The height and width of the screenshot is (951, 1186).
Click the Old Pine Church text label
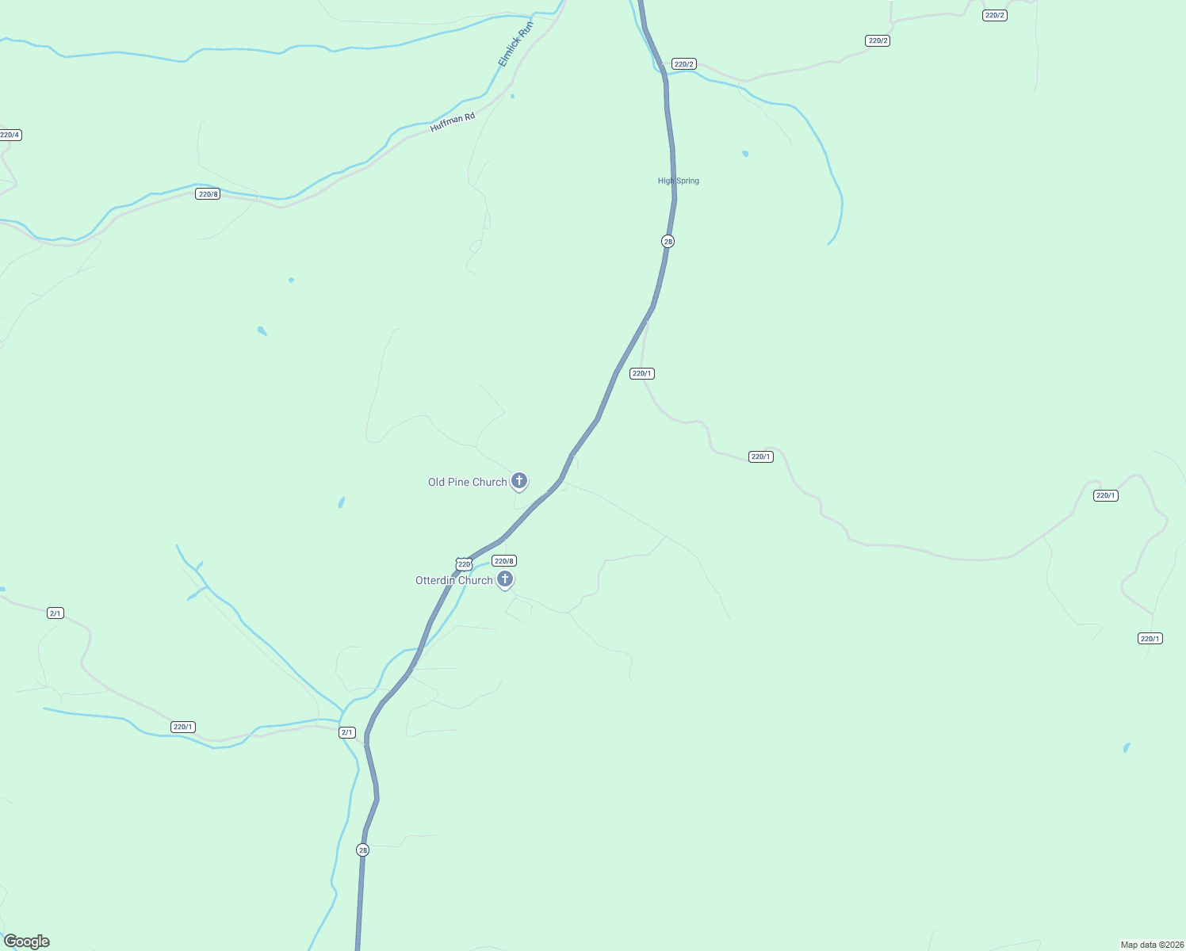click(467, 482)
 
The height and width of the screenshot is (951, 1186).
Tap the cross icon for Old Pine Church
click(519, 480)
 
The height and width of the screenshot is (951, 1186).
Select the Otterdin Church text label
click(453, 580)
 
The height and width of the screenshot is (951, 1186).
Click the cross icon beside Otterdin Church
click(504, 579)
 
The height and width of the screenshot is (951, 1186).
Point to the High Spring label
click(678, 181)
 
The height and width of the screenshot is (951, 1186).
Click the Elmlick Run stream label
click(515, 44)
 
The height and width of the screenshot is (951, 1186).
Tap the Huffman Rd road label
click(453, 122)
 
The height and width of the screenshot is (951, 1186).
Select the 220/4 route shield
click(10, 135)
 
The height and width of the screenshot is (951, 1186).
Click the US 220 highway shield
click(465, 564)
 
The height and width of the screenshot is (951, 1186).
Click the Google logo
click(27, 941)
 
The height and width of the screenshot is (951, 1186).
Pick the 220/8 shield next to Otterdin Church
click(504, 561)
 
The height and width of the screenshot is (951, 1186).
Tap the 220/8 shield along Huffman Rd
click(208, 194)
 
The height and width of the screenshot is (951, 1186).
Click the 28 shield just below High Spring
click(668, 242)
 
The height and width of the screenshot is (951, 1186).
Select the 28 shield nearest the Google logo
click(362, 850)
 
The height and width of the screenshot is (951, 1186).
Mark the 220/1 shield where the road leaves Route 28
click(641, 373)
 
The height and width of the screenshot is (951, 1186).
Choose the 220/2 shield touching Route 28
click(683, 64)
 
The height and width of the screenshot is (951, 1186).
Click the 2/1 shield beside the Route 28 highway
click(346, 732)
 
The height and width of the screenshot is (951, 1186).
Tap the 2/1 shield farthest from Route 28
click(55, 613)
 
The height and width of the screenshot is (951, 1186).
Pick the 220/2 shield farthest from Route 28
click(994, 15)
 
